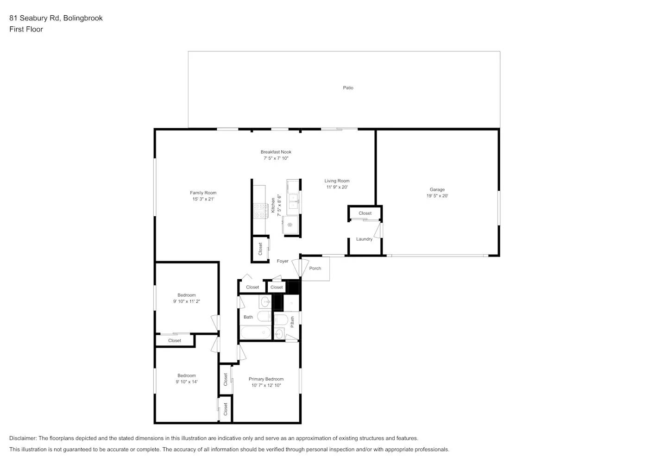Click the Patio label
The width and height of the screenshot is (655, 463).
tap(348, 88)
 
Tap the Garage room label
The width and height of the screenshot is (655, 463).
tap(437, 189)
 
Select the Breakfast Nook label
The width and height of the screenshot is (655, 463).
tap(276, 152)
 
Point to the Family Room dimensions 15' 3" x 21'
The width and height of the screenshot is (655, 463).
tap(203, 199)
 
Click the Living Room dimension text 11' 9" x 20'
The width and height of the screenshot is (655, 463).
tap(337, 187)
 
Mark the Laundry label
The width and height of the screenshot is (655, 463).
tap(364, 239)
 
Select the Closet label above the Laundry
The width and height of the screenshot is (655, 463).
tap(365, 213)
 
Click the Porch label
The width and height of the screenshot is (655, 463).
tap(315, 268)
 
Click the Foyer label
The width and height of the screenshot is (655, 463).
tap(283, 261)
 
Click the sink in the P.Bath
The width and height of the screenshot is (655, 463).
tap(279, 333)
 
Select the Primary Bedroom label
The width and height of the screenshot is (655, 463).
tap(266, 379)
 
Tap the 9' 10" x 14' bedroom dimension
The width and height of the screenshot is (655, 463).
tap(187, 382)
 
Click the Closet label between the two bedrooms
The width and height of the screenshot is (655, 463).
tap(175, 340)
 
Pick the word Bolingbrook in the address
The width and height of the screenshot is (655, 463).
tap(83, 18)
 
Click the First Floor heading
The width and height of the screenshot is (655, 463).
tap(26, 29)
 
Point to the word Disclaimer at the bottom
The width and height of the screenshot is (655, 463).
tap(23, 438)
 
